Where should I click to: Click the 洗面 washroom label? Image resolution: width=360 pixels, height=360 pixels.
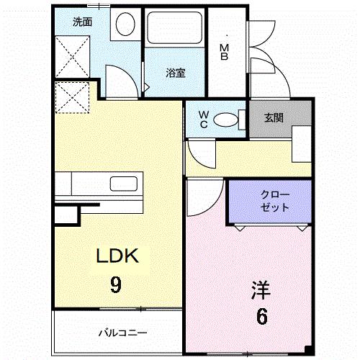pyautogui.click(x=82, y=22)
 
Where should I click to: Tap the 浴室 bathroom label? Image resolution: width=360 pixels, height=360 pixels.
pyautogui.click(x=176, y=72)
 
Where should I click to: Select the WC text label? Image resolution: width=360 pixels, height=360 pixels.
pyautogui.click(x=204, y=119)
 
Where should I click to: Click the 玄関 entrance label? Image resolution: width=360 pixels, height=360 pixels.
pyautogui.click(x=272, y=117)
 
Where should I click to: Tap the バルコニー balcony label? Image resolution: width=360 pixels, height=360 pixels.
pyautogui.click(x=122, y=333)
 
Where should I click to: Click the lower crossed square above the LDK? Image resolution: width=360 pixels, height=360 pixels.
pyautogui.click(x=72, y=98)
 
